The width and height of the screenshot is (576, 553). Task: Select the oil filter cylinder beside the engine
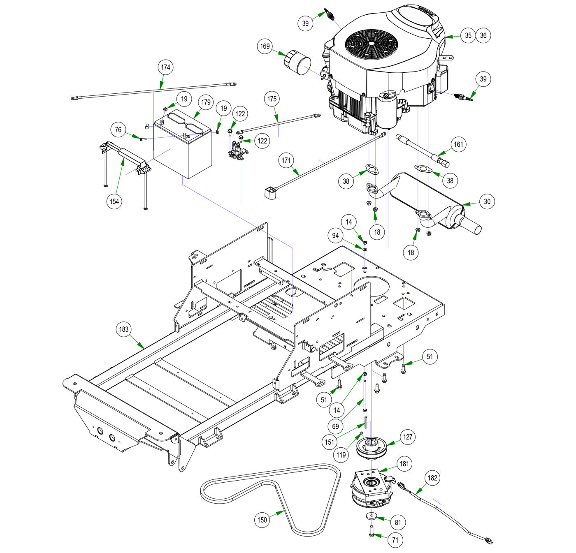297,63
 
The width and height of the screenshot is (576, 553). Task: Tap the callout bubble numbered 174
165,67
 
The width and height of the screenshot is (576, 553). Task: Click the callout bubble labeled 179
206,102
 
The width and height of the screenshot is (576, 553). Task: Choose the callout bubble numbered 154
114,201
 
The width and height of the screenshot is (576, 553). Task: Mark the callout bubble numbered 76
118,130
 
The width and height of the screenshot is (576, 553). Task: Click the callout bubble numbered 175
272,99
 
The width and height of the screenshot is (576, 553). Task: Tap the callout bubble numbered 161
458,144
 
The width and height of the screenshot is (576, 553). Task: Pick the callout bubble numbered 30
487,201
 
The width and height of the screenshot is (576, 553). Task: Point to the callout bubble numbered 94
336,236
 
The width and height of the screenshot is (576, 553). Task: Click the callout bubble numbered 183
124,329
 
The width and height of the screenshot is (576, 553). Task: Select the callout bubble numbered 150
262,520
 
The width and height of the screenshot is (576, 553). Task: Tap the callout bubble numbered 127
407,437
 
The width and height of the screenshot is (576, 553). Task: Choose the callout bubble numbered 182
432,478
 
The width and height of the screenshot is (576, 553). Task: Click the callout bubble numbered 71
395,540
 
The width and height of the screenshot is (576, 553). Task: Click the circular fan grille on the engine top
372,44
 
